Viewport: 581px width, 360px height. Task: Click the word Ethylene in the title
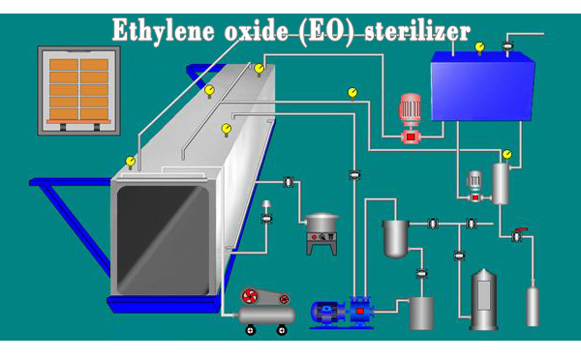[158, 29]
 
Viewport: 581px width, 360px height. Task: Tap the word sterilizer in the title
[416, 29]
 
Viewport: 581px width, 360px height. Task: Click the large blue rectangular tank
[482, 87]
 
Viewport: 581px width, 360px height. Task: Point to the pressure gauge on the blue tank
[479, 46]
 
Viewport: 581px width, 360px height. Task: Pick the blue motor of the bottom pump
[326, 312]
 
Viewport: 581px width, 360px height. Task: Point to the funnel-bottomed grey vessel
[395, 237]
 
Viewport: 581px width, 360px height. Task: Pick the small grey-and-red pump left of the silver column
[474, 186]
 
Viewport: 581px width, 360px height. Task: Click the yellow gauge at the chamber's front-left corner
[131, 162]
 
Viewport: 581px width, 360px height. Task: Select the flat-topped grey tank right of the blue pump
[421, 311]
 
